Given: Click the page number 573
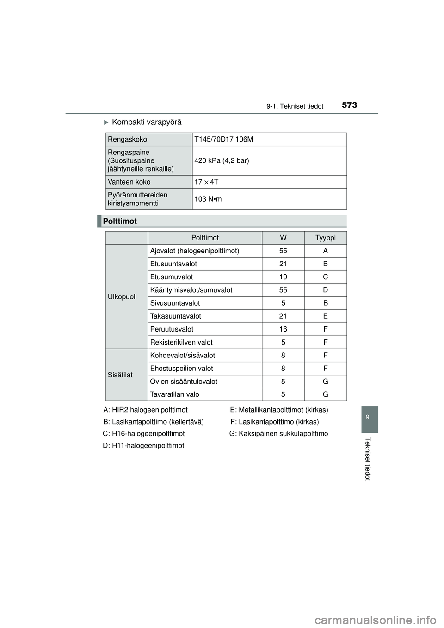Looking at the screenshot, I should point(350,105).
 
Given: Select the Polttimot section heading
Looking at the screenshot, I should point(120,221).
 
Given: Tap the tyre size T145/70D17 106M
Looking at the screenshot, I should point(223,139).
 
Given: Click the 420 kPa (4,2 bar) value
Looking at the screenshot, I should point(222,160).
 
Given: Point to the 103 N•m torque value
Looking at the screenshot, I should point(208,199).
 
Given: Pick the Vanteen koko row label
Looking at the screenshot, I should point(129,182).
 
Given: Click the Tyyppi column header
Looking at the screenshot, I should point(325,238).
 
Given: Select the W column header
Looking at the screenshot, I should point(283,238).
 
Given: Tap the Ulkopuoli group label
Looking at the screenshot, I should point(122,296).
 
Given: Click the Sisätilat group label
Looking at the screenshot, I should point(120,375).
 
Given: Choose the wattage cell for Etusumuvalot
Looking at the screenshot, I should point(283,277).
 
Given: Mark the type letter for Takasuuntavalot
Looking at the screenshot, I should point(325,316).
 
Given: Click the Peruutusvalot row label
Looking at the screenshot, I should point(172,329).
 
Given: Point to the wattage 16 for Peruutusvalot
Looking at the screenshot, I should point(283,329).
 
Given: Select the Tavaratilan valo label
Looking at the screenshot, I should point(175,394).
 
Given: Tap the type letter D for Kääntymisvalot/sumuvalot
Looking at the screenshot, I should point(325,290).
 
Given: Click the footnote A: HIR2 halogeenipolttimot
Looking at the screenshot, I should point(145,410).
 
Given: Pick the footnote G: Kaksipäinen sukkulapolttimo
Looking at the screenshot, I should point(278,434).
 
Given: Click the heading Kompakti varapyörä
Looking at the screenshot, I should point(147,122).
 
